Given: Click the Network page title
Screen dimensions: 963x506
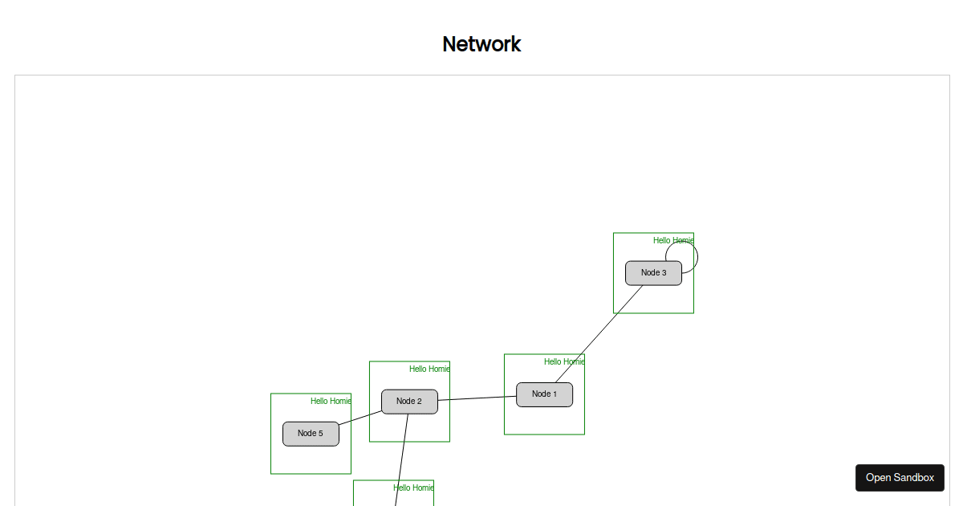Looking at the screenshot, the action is pos(481,44).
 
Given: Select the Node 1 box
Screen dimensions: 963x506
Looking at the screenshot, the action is pos(544,394).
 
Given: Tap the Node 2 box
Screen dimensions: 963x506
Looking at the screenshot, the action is pos(409,402).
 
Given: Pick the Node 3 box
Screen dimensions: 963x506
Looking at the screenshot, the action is pos(653,273).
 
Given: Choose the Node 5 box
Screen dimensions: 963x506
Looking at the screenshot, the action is pos(311,434).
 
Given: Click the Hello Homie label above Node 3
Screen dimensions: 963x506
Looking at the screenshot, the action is pos(673,240).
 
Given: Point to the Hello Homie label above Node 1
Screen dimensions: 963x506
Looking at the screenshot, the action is pos(564,361).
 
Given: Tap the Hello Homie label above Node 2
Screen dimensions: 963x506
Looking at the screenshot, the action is pos(429,369).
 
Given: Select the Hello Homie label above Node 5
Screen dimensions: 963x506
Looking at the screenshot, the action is pos(331,401).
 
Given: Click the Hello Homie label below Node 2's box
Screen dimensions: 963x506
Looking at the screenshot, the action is pos(413,488).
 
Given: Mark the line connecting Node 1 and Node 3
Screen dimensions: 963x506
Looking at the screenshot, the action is pos(599,334).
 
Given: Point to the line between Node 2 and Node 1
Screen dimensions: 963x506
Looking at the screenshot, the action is pos(477,398).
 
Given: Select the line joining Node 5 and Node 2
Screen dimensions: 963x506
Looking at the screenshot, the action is pos(360,418).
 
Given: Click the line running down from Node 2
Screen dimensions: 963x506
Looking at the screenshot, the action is pos(401,460).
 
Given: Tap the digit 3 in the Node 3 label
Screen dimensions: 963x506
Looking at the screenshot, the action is pos(664,272).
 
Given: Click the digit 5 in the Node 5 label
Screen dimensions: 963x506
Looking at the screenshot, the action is pos(320,433).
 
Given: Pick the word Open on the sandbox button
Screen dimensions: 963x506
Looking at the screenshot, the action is pos(878,478).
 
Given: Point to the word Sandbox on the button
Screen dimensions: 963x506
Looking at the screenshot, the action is pos(913,478).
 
